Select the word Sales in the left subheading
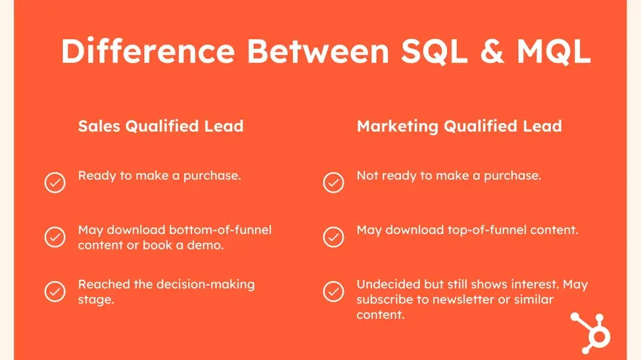(99, 126)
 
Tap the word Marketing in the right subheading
(398, 126)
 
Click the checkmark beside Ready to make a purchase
(55, 182)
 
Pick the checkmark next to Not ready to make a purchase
(333, 182)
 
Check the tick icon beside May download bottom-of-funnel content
(55, 236)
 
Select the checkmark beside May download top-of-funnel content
(333, 236)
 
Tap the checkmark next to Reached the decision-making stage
(55, 290)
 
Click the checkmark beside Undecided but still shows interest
(333, 290)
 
